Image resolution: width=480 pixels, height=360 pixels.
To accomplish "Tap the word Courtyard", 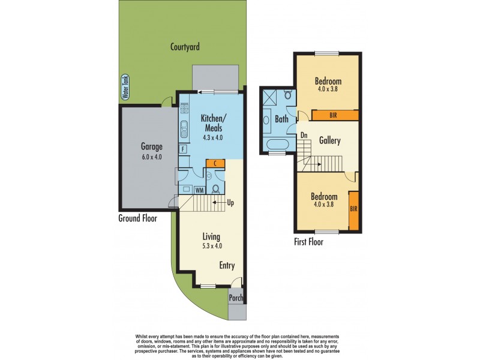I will click(x=184, y=46).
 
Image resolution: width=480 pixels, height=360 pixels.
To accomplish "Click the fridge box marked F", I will click(x=182, y=148).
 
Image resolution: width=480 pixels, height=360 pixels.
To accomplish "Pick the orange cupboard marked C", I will click(x=215, y=163).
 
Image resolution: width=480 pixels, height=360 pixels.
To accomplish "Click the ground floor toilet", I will click(x=214, y=187).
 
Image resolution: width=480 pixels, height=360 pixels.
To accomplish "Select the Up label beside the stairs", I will click(x=230, y=203).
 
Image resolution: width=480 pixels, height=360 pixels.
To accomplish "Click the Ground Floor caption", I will click(x=137, y=218).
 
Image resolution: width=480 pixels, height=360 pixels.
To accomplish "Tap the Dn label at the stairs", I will click(x=304, y=135).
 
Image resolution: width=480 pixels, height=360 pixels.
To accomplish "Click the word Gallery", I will click(x=330, y=141).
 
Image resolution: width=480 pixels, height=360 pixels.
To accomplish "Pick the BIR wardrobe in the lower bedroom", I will click(x=353, y=210).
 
